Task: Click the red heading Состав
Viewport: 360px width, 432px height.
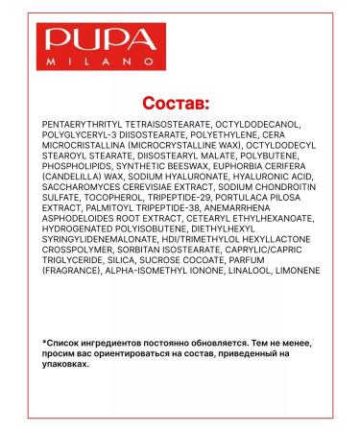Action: coord(180,102)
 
